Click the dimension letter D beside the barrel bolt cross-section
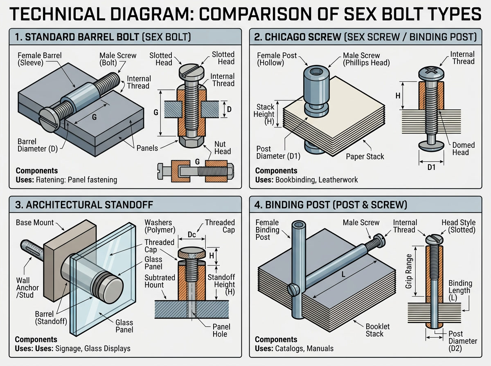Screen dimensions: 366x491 229,109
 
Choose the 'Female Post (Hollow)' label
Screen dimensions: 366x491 273,59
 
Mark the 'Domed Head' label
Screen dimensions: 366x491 464,149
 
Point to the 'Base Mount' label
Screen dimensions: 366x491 35,223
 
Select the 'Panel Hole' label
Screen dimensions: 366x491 221,330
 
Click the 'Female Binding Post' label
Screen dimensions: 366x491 268,230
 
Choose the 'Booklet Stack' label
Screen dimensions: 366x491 378,330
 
